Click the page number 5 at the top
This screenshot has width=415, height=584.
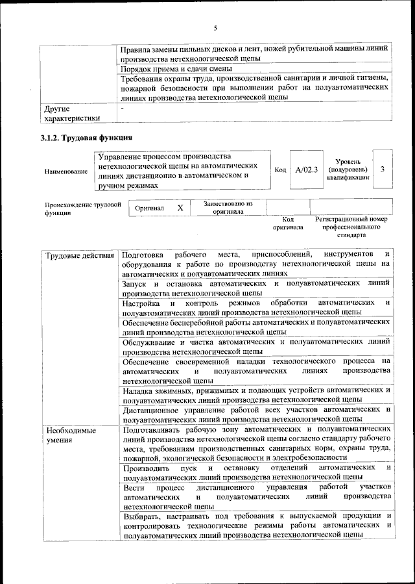point(215,27)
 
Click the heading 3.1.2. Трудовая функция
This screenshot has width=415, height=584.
point(87,138)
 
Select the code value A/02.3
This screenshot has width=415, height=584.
point(306,170)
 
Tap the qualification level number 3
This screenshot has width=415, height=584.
point(383,170)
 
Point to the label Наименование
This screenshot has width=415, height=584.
point(66,171)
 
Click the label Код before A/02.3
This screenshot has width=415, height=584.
point(280,170)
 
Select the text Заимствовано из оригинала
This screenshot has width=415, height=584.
point(228,207)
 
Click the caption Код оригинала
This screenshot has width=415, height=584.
point(288,223)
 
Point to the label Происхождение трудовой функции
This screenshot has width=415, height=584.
point(83,208)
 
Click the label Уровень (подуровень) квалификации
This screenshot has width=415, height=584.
point(349,169)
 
